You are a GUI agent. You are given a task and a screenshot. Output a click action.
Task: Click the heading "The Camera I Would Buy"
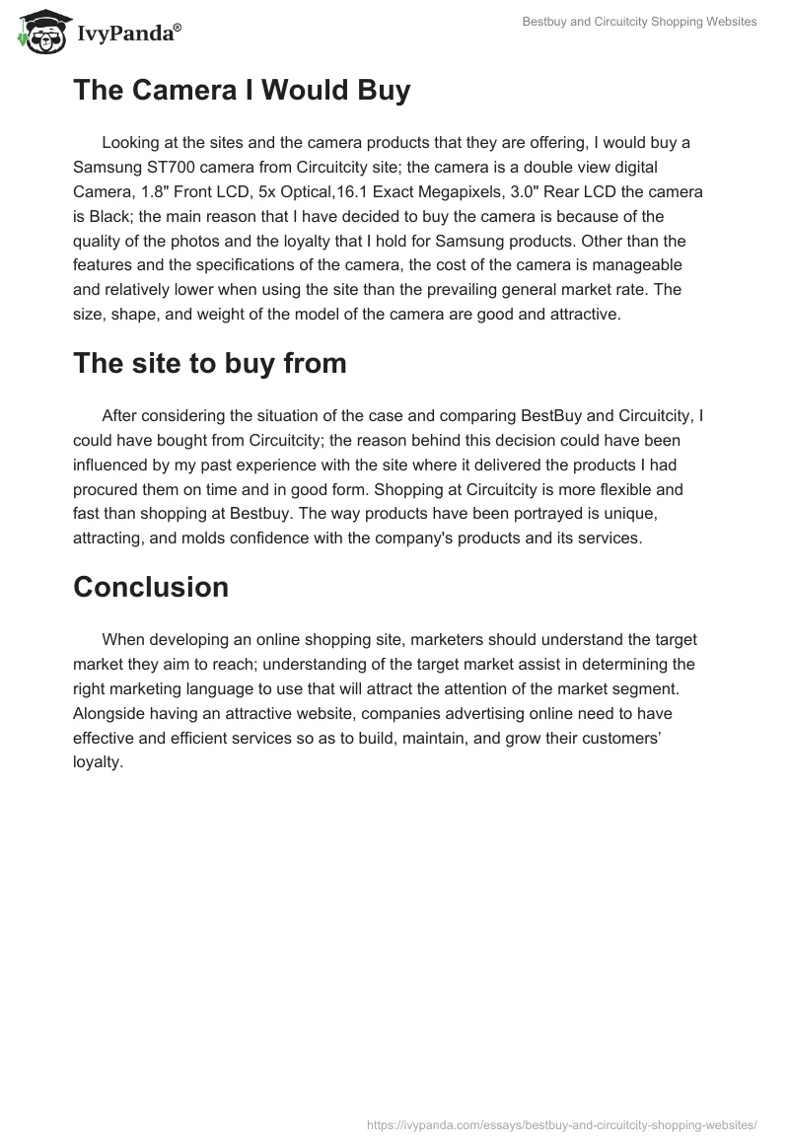(242, 91)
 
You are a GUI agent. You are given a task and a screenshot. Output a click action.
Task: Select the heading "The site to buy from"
(210, 363)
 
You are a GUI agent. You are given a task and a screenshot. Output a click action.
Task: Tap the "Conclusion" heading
(151, 587)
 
